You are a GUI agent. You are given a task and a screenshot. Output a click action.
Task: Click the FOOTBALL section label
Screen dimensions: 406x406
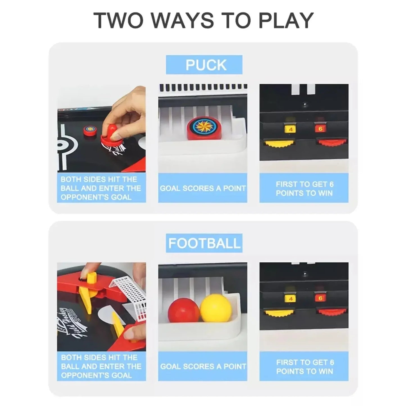point(204,243)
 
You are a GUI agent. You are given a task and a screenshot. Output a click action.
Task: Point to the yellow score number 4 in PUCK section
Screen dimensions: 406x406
point(291,129)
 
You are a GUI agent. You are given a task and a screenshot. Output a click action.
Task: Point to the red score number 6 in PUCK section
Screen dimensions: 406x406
point(320,128)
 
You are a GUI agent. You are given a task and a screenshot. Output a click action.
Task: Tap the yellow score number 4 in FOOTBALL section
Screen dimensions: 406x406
point(291,299)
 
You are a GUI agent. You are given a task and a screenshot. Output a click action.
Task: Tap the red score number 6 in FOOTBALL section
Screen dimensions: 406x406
point(321,298)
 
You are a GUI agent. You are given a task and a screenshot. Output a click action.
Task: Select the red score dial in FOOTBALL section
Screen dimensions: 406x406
point(332,312)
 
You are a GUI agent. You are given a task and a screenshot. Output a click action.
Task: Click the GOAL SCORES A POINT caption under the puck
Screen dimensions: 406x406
point(203,188)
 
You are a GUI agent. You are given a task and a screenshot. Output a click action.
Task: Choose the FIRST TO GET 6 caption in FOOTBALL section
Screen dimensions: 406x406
point(305,362)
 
